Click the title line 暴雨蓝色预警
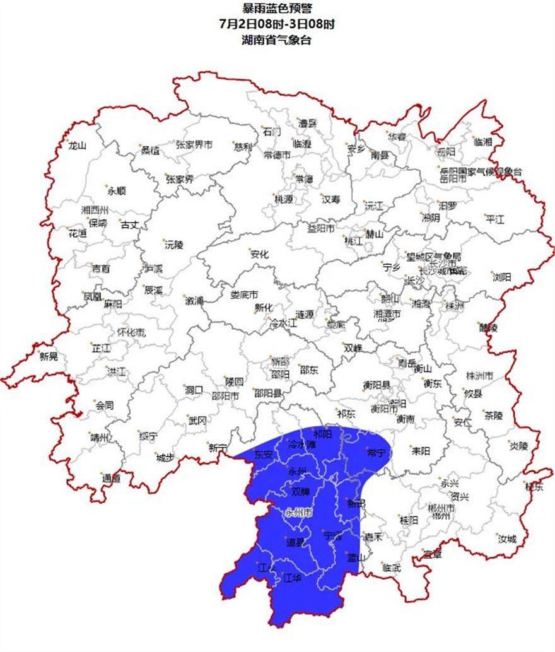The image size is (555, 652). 277,8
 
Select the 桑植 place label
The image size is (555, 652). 150,150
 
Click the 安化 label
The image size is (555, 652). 259,255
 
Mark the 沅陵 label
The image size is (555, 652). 173,245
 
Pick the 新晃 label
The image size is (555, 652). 49,357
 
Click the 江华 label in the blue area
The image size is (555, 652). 292,577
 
